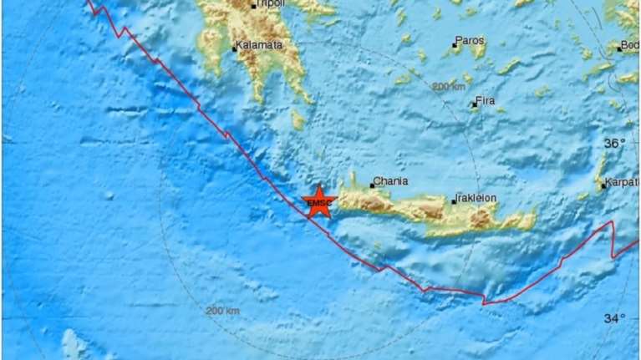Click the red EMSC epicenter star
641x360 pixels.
point(318,202)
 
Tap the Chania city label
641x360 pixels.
point(391,180)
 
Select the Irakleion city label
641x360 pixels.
point(476,198)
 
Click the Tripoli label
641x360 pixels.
point(269,4)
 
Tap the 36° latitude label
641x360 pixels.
point(615,144)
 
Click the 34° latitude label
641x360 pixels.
point(615,317)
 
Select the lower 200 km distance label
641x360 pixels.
point(222,311)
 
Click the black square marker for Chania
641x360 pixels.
point(372,185)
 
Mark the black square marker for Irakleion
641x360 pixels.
point(454,201)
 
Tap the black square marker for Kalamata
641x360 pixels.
point(236,49)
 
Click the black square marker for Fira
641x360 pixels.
point(474,105)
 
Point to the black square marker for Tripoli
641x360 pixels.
point(253,6)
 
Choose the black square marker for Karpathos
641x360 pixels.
point(603,185)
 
